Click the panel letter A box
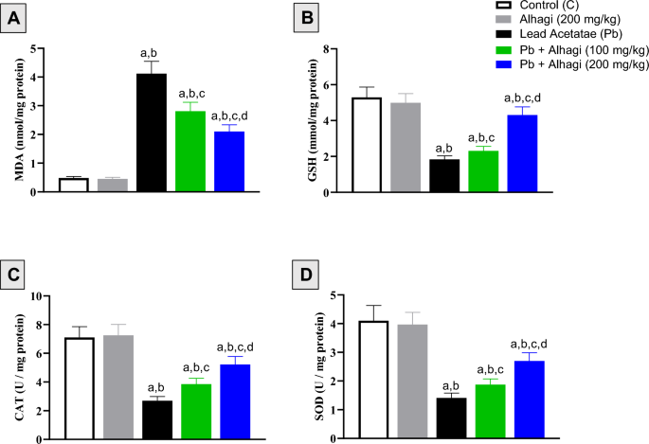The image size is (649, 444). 16,16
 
